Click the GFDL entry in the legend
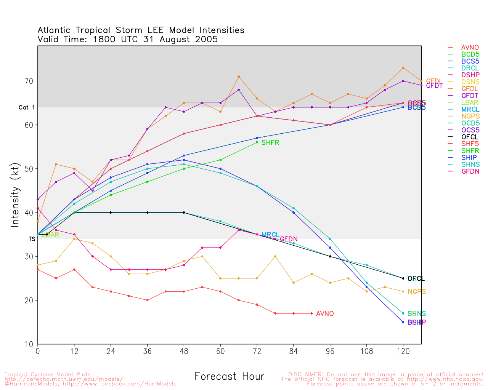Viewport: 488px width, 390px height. pyautogui.click(x=469, y=89)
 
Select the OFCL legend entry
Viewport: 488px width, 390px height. pyautogui.click(x=469, y=137)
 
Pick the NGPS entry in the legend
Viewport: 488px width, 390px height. pyautogui.click(x=469, y=116)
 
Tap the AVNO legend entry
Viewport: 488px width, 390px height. pyautogui.click(x=470, y=48)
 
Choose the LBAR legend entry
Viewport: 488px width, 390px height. pyautogui.click(x=469, y=102)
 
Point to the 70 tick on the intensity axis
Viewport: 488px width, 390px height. pyautogui.click(x=29, y=81)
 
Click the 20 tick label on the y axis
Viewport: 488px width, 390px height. pyautogui.click(x=29, y=300)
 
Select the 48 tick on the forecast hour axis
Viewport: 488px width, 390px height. pyautogui.click(x=184, y=351)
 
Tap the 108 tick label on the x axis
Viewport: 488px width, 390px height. pyautogui.click(x=367, y=351)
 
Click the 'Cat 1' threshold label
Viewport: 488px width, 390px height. pyautogui.click(x=27, y=108)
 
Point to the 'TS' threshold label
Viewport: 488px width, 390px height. pyautogui.click(x=32, y=239)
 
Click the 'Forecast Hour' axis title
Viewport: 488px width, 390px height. pyautogui.click(x=229, y=377)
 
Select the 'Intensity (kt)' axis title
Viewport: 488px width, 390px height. pyautogui.click(x=15, y=195)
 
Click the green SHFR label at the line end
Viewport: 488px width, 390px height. pyautogui.click(x=270, y=143)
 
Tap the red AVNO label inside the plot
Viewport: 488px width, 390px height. pyautogui.click(x=325, y=314)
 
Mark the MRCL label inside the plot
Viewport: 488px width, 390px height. pyautogui.click(x=270, y=235)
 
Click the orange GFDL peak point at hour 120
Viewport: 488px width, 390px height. pyautogui.click(x=403, y=68)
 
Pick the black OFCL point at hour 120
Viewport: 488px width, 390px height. pyautogui.click(x=403, y=278)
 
